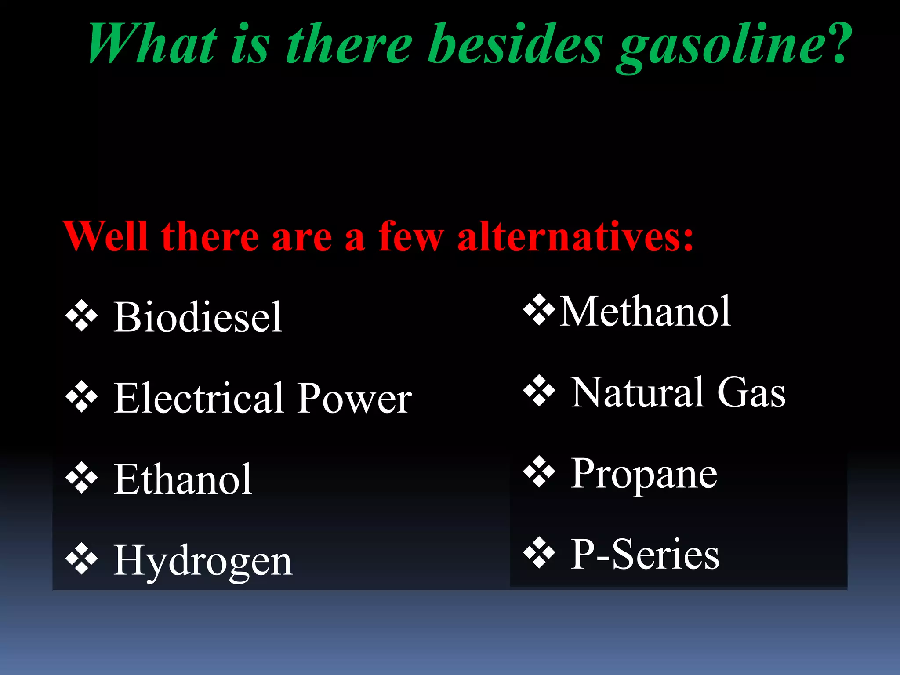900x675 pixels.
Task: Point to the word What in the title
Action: coord(152,44)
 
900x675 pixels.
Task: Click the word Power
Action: coord(354,399)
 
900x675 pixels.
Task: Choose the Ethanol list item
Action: coord(183,479)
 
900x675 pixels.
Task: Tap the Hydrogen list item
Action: coord(203,561)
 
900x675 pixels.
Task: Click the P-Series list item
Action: coord(645,555)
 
